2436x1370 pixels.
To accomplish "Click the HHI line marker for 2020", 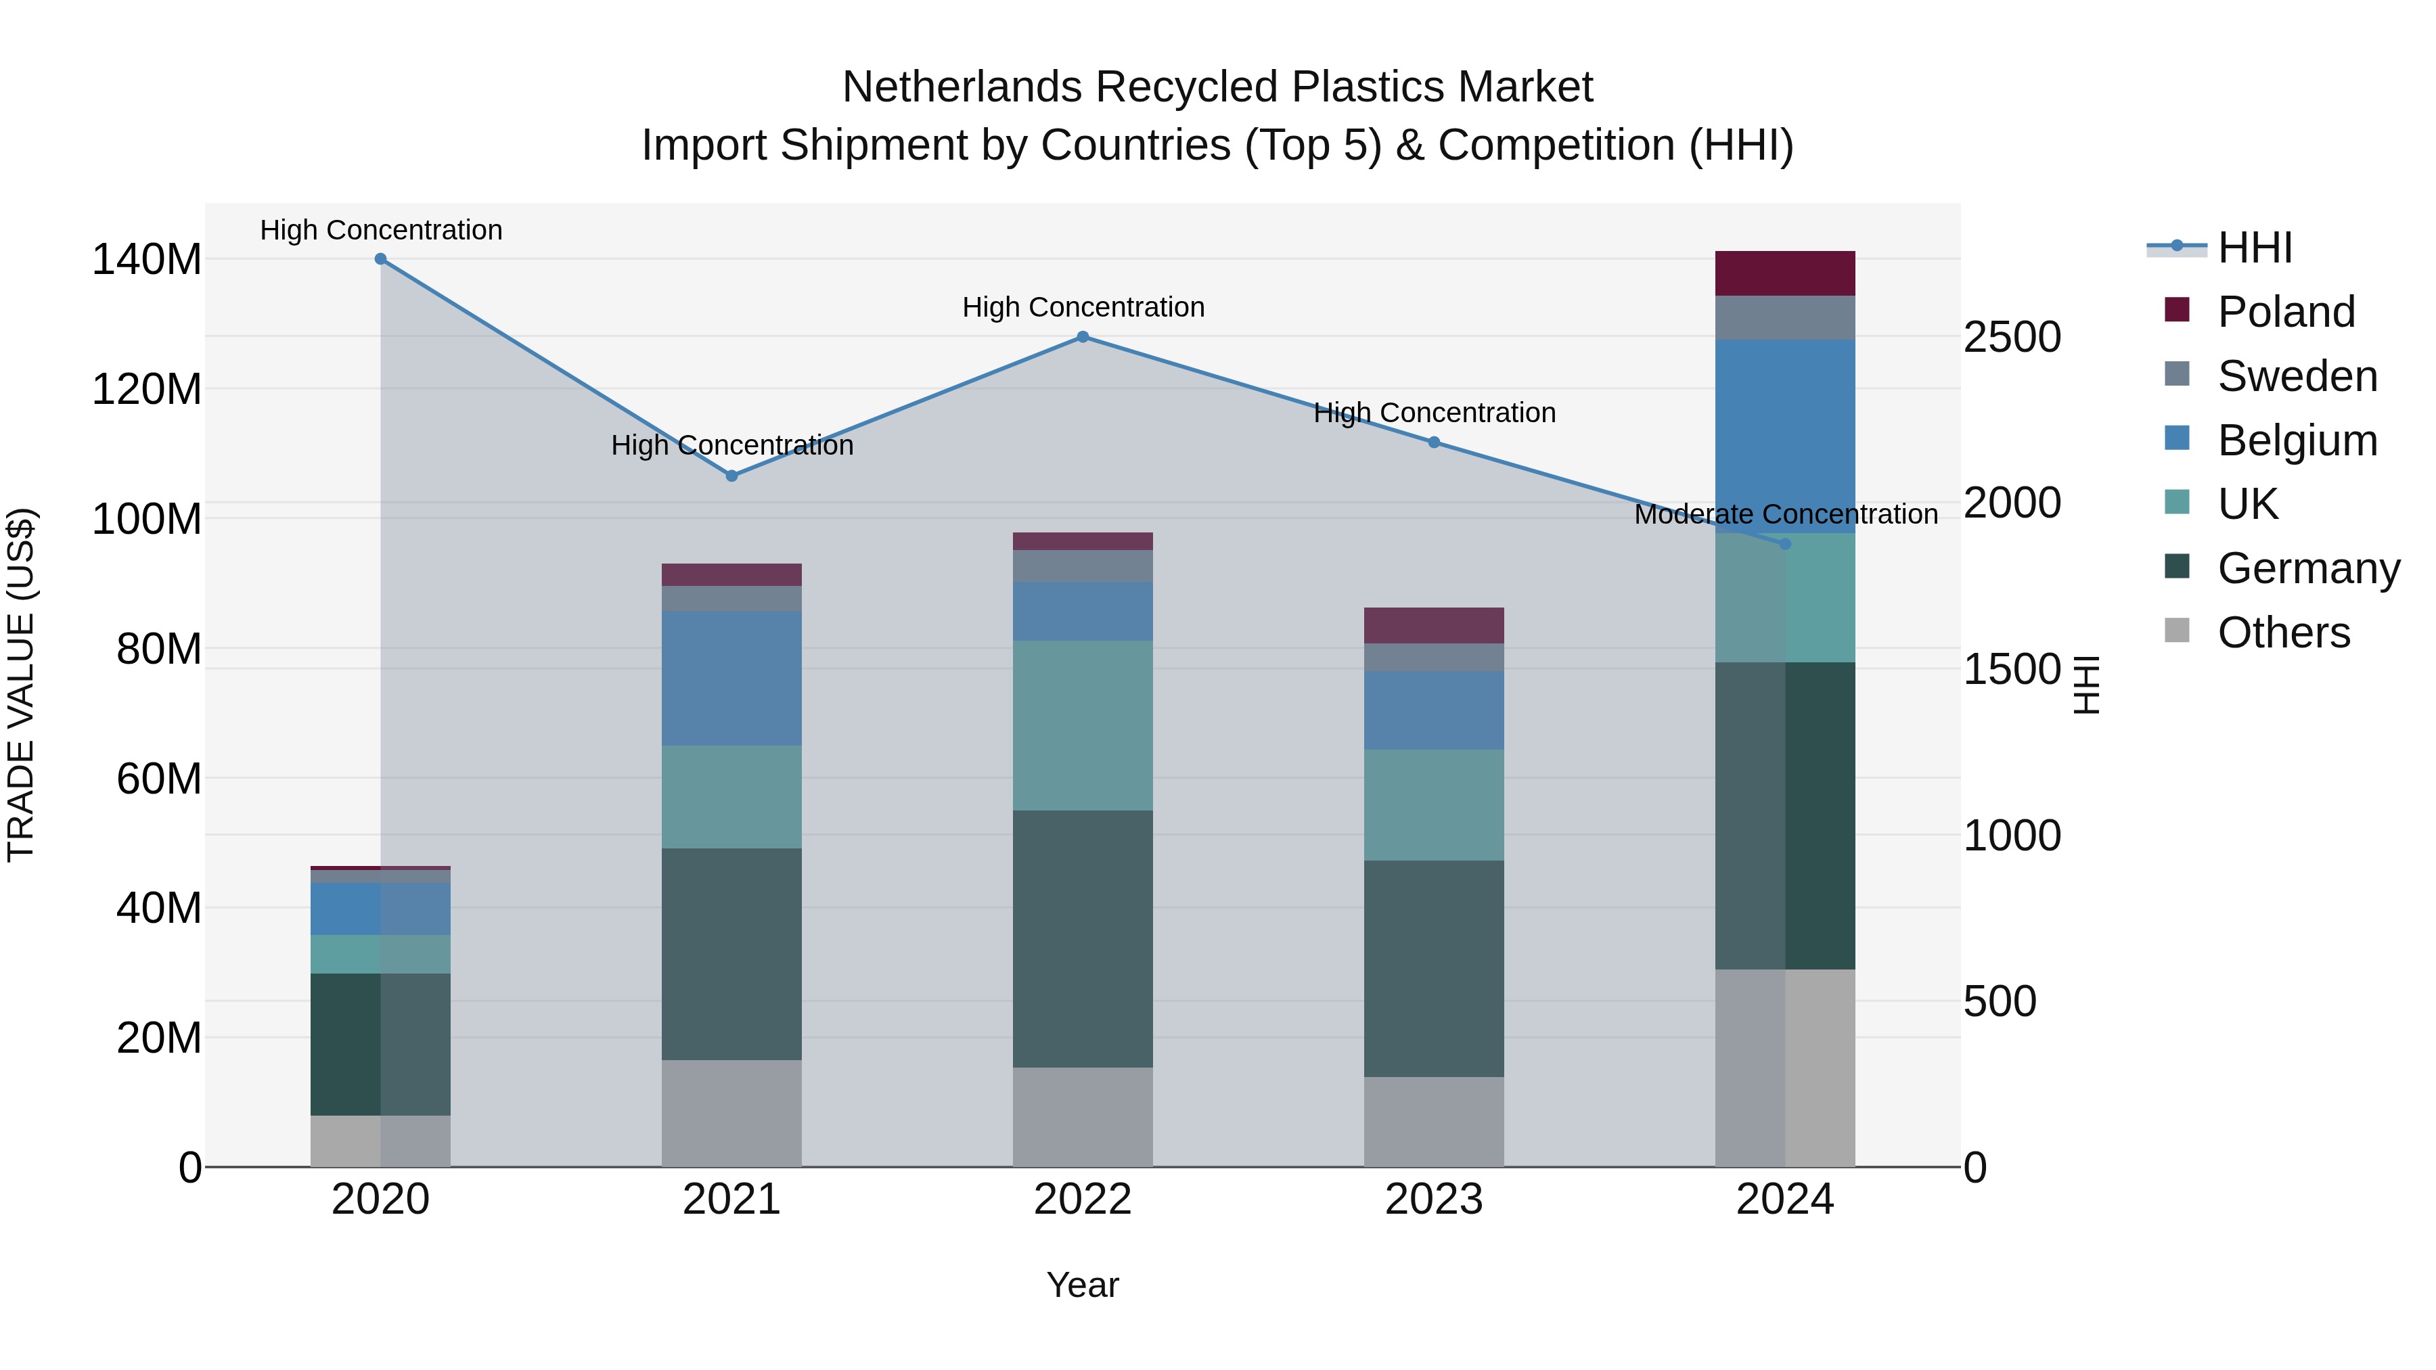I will [380, 259].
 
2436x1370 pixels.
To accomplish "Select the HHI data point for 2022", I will [1083, 337].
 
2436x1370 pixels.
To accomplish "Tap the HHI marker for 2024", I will [1786, 545].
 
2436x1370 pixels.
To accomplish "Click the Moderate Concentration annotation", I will [1786, 514].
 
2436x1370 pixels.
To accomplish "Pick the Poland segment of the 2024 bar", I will [1786, 273].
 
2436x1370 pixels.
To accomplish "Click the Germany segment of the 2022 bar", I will [1083, 939].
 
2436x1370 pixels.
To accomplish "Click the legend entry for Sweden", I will [2297, 376].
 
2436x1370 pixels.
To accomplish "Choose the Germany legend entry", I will [2308, 568].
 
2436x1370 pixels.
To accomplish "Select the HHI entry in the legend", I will [2255, 248].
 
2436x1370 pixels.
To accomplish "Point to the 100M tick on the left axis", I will [147, 519].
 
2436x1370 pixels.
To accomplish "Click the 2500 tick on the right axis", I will [2012, 338].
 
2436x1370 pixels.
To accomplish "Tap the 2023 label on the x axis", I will [1434, 1200].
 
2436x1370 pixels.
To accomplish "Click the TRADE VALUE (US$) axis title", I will [21, 685].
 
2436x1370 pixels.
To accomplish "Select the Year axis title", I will [1083, 1285].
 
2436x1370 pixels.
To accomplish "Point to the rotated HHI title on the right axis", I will [2086, 685].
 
